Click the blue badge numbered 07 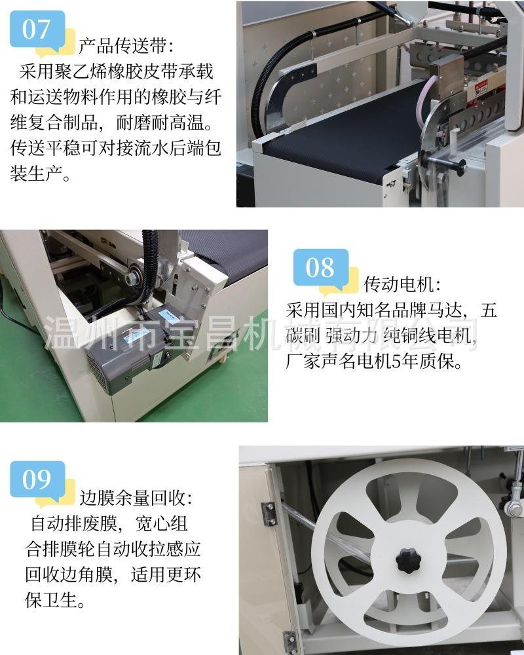coord(37,30)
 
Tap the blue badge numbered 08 coord(320,268)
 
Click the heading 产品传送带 coord(126,46)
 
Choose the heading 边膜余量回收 coord(135,498)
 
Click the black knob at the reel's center coord(408,559)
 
